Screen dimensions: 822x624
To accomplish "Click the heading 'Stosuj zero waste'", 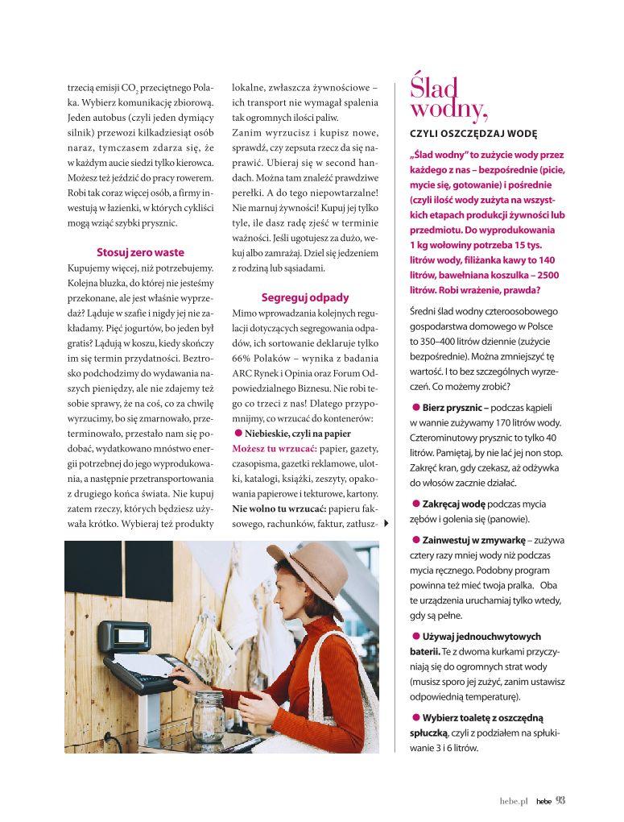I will pyautogui.click(x=140, y=252).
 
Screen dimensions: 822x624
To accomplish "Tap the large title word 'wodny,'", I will pyautogui.click(x=448, y=108).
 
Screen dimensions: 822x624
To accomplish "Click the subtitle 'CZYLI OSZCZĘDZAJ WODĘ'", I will pyautogui.click(x=473, y=134).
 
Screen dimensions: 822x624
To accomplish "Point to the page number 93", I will pyautogui.click(x=561, y=801).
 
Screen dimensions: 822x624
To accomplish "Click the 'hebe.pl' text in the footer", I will pyautogui.click(x=513, y=802).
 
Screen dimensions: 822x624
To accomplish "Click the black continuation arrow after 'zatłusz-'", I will pyautogui.click(x=386, y=524).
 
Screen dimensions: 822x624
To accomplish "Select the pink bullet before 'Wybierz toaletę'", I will pyautogui.click(x=415, y=717).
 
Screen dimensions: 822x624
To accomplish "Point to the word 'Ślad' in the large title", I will pyautogui.click(x=433, y=85).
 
